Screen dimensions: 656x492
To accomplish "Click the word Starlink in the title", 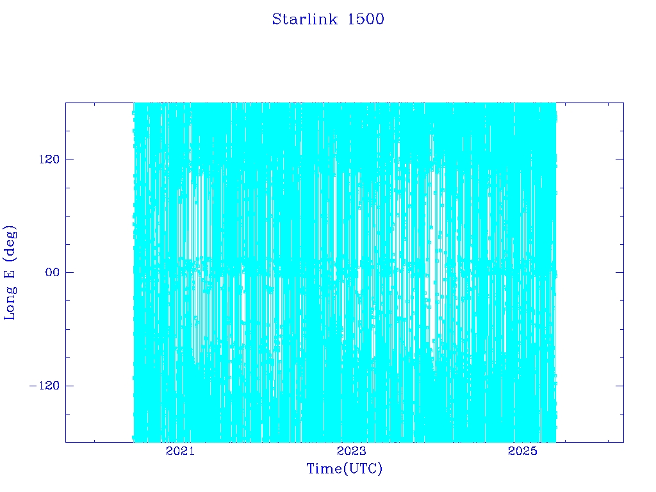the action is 304,19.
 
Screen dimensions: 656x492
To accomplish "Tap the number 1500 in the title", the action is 366,19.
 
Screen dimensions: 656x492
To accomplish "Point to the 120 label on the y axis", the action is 49,160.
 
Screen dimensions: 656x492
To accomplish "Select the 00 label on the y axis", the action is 53,272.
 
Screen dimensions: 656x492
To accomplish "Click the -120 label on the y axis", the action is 44,385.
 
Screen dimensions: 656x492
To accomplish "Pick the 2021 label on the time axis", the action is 180,450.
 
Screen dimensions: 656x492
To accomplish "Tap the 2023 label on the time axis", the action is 352,450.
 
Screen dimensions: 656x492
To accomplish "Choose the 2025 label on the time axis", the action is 523,450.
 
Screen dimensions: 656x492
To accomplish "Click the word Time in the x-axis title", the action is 325,468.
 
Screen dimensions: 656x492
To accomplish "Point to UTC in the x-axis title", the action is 363,468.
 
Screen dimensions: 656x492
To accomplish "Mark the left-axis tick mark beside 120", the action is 69,160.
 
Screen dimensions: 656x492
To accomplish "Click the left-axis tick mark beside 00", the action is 69,272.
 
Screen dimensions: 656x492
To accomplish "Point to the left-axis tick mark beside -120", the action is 69,385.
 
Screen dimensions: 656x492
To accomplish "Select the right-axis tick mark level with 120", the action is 619,160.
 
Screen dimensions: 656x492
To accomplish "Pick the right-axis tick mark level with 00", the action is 619,272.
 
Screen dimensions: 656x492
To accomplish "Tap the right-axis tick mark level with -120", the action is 619,385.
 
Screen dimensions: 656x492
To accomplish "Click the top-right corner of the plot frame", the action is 623,102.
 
